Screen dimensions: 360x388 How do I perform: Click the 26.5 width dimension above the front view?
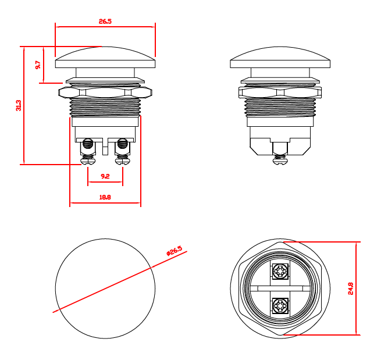click(105, 21)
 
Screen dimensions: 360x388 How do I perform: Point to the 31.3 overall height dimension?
click(19, 105)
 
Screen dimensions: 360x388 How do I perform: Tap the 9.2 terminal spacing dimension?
click(105, 176)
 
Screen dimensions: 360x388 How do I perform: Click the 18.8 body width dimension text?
click(105, 198)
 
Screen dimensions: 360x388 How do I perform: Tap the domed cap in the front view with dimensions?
click(105, 58)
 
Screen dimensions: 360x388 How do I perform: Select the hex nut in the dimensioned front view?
click(105, 92)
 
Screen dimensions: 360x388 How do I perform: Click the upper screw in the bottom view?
click(280, 272)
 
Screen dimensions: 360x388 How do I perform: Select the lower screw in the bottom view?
click(280, 306)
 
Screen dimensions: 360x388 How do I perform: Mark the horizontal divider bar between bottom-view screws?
click(280, 288)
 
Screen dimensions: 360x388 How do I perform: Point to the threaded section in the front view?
click(105, 107)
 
